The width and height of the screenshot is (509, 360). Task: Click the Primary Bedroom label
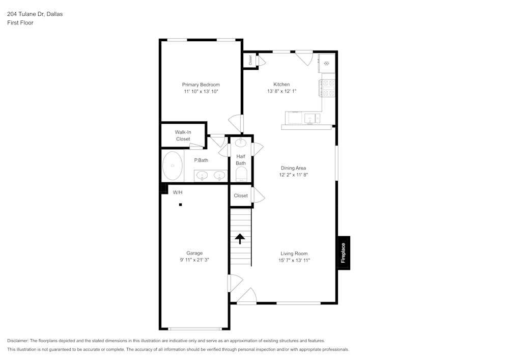tap(201, 85)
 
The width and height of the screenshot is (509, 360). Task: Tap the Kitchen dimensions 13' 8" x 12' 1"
tap(281, 92)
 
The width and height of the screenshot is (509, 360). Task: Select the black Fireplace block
tap(343, 253)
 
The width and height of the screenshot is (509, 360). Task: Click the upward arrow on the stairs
tap(240, 238)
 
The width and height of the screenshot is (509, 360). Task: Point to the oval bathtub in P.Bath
tap(173, 165)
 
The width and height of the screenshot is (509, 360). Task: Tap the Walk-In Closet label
tap(183, 135)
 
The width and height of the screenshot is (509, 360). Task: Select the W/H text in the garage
tap(178, 192)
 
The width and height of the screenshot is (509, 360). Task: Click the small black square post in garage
tap(180, 205)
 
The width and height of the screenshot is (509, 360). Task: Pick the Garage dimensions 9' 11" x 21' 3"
tap(194, 260)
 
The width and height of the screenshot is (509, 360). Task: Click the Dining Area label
tap(293, 168)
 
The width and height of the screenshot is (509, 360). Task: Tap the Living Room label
tap(294, 253)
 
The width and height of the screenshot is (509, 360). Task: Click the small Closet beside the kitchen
tap(250, 60)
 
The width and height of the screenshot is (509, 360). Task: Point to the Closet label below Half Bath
tap(241, 196)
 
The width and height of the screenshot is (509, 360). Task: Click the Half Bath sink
tap(241, 142)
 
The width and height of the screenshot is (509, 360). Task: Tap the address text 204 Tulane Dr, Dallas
tap(35, 14)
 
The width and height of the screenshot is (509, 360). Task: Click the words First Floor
tap(20, 23)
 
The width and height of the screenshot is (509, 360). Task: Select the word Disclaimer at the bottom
tap(18, 341)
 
